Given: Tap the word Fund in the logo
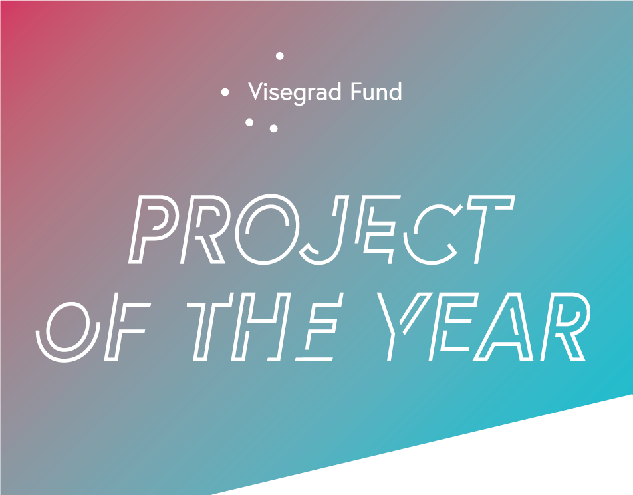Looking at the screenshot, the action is tap(376, 91).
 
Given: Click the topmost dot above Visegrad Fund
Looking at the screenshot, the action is tap(279, 56).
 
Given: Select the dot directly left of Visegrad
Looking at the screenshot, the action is tap(225, 92).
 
